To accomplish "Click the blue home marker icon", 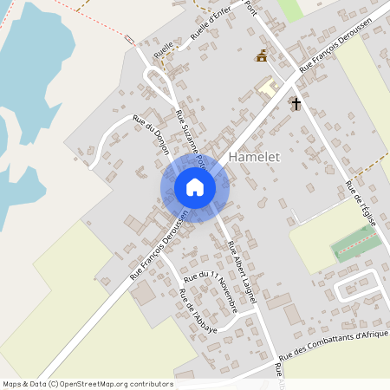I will pos(195,187).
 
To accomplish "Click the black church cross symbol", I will pos(296,103).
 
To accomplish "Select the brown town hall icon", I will pos(261,56).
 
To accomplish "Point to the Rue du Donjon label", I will pos(151,136).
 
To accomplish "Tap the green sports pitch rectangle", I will pos(355,243).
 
